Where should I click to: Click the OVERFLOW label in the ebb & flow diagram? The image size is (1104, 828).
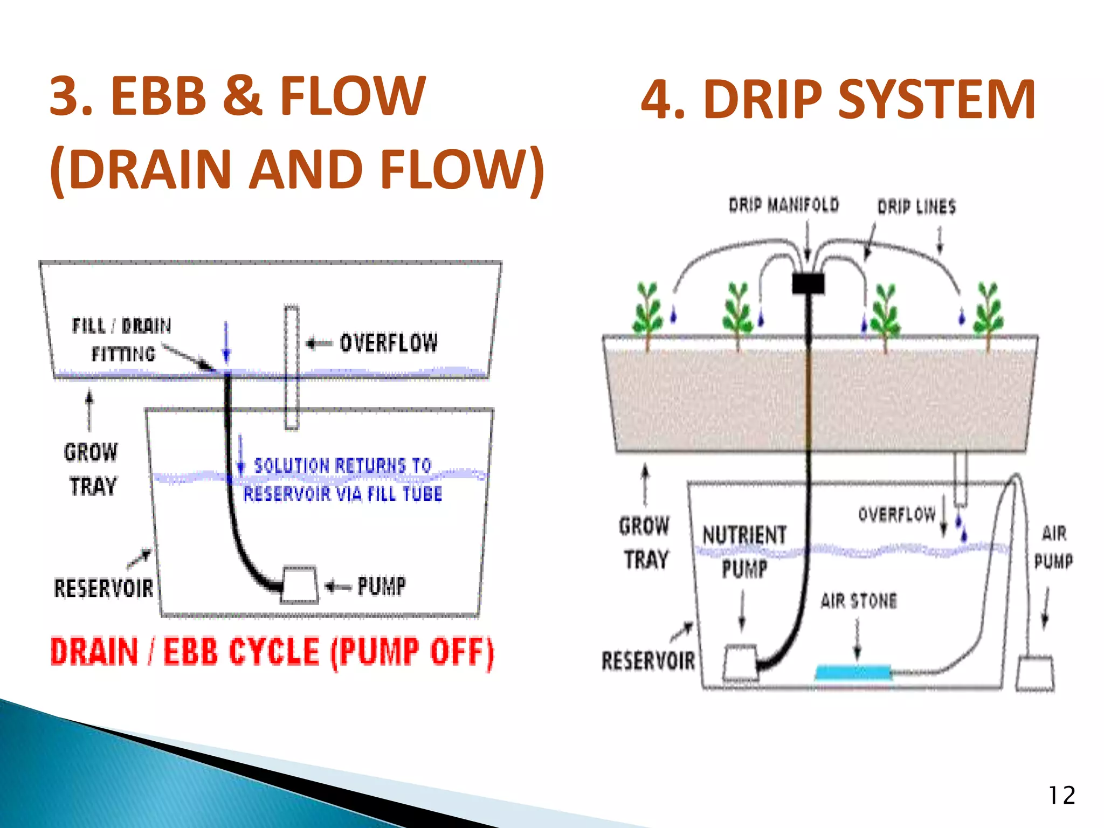pos(388,343)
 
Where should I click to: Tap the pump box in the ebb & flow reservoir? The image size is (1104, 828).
pos(300,584)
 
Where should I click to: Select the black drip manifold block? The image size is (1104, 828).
pos(808,283)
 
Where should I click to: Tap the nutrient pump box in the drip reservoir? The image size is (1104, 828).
pos(740,663)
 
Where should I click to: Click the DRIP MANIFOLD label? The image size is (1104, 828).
pos(784,205)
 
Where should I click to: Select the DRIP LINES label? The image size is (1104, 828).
pos(916,207)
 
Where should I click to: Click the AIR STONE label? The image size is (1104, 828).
pos(859,601)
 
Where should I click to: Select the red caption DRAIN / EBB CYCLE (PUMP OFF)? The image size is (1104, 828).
pos(272,652)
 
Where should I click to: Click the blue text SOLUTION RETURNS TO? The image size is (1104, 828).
pos(342,465)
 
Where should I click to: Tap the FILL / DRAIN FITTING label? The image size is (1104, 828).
pos(122,340)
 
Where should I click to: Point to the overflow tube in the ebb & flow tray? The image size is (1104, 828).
pos(292,367)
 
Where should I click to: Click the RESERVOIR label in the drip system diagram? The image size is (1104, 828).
pos(648,661)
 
